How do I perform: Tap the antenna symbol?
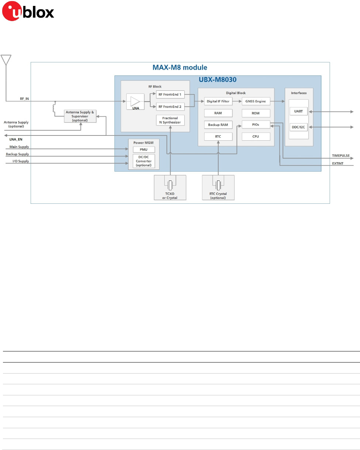point(6,60)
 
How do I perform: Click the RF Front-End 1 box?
point(170,95)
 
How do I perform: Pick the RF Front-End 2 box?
point(170,107)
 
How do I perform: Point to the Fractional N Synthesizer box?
point(170,120)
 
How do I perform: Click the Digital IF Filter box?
point(218,101)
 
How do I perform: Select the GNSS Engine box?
point(256,101)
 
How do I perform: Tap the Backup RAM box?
point(218,125)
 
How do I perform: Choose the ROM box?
point(256,113)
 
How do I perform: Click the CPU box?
point(256,137)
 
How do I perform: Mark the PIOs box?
point(256,125)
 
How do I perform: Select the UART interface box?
point(298,111)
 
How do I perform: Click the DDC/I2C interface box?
point(298,127)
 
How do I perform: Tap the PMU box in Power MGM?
point(144,150)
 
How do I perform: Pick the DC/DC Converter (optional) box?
point(144,161)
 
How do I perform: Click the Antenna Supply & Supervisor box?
point(80,115)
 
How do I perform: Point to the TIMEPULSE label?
point(343,156)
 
